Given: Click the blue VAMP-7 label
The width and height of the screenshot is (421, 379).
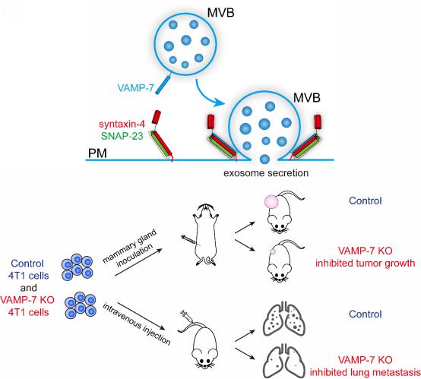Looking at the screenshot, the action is [135, 88].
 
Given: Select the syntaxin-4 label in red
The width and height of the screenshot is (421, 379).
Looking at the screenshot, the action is [122, 124].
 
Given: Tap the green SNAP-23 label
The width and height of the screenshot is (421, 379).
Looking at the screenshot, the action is [122, 136].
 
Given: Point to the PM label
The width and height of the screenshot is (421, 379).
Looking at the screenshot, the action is [97, 153].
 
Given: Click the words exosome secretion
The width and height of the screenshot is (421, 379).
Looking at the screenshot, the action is [266, 173].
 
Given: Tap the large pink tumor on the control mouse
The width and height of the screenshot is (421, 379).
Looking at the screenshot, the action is [271, 201].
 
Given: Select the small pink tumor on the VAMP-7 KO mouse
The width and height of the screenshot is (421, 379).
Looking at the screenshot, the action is [273, 251].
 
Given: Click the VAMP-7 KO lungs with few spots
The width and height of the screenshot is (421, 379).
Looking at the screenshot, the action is [283, 362].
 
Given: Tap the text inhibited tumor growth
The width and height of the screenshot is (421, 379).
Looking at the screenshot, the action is [366, 263].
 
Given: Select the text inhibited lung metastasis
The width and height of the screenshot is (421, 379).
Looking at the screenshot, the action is [366, 372].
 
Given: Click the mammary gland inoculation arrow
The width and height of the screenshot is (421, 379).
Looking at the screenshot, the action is [138, 262].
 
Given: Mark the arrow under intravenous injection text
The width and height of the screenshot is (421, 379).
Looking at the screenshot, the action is [141, 316].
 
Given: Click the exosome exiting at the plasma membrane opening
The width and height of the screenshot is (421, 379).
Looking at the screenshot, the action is [264, 159].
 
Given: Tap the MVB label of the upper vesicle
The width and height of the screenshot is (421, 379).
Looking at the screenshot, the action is [220, 12].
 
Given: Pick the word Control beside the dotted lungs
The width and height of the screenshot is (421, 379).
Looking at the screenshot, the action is [366, 314].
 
